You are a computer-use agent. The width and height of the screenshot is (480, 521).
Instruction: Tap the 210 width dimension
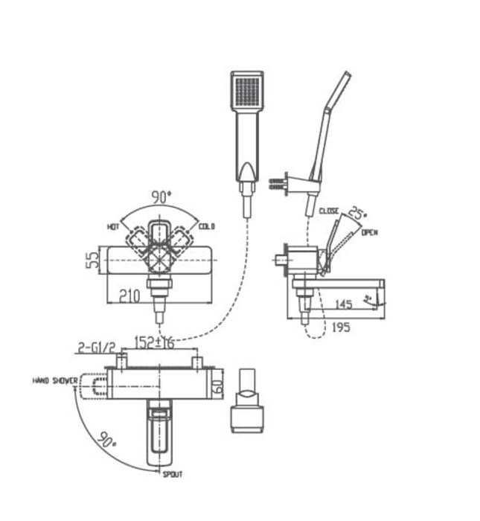pos(131,296)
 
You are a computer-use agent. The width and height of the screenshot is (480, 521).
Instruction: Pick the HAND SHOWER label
pos(55,380)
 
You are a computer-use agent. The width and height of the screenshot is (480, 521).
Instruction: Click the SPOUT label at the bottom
pos(173,473)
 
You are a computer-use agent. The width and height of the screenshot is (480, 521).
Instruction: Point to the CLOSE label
pos(328,211)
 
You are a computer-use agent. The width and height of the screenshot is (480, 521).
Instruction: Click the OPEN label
pos(370,233)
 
